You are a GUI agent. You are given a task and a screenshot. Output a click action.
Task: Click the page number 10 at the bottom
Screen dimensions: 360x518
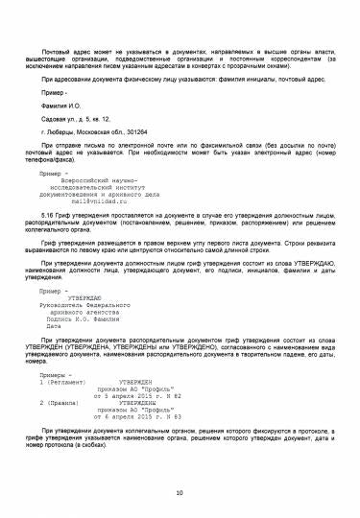click(180, 493)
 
